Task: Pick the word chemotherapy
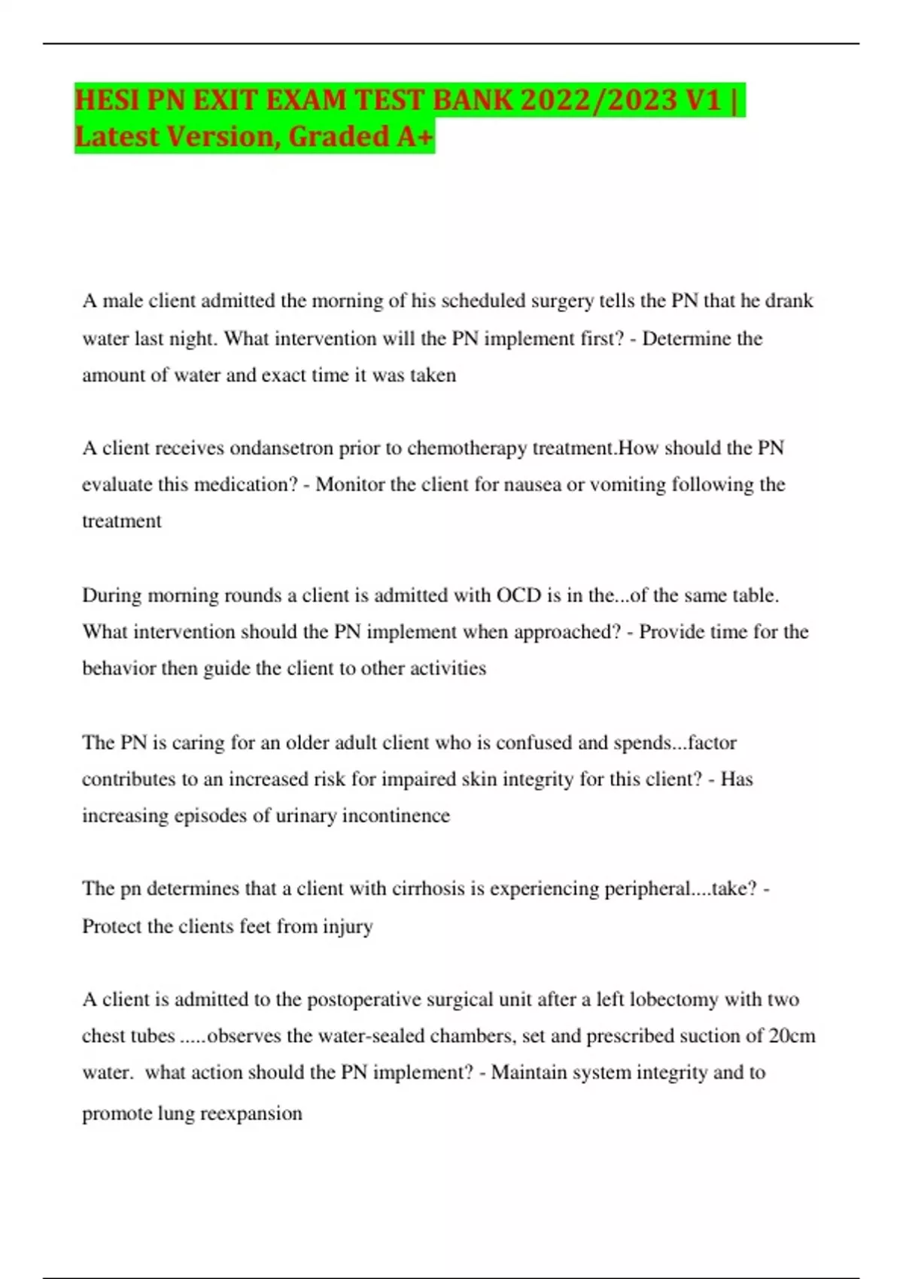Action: [x=467, y=448]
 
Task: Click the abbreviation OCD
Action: [x=518, y=595]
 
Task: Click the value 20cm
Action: [x=792, y=1036]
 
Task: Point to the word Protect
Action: [x=112, y=926]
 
